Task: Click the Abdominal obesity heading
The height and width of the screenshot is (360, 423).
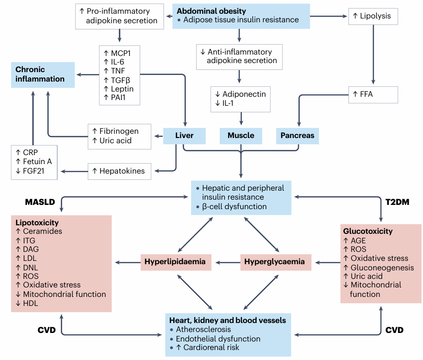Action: pos(211,11)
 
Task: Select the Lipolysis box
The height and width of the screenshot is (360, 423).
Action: pos(372,16)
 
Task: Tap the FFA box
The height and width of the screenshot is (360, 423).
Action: pos(372,94)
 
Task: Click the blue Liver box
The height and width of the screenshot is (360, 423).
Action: pos(184,136)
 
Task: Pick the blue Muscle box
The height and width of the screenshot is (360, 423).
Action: pos(241,136)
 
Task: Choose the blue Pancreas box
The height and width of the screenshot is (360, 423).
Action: pos(297,136)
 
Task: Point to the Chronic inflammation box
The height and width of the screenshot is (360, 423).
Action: pos(43,74)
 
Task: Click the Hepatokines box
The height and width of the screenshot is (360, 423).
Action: pos(119,171)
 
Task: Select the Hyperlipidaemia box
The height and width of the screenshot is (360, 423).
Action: pos(175,262)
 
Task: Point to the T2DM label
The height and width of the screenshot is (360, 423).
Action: pos(397,202)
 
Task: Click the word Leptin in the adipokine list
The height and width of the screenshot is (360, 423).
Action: pos(122,89)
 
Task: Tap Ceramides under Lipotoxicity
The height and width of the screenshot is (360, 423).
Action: pos(42,231)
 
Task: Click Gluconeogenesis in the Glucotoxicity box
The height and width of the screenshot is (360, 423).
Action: pos(378,268)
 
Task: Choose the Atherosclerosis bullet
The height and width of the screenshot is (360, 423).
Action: pos(203,330)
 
